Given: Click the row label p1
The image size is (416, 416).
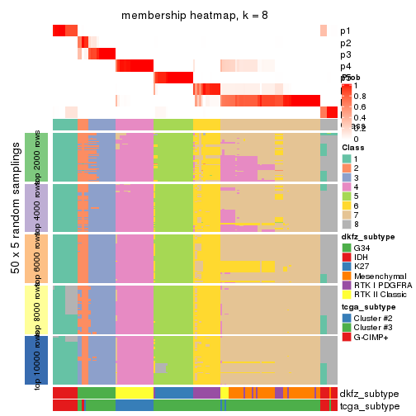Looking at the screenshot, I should (x=345, y=31).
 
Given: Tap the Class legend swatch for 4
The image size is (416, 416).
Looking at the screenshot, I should (x=346, y=187).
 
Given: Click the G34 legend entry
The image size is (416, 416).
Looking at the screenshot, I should (x=362, y=248).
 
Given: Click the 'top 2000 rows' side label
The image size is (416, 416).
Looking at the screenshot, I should (x=37, y=158).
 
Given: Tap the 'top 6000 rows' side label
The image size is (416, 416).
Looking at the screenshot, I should (x=37, y=259).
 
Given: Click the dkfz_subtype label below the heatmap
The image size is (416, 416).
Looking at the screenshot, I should (x=369, y=393).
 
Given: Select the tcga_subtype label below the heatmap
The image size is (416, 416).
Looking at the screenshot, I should (x=369, y=405).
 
